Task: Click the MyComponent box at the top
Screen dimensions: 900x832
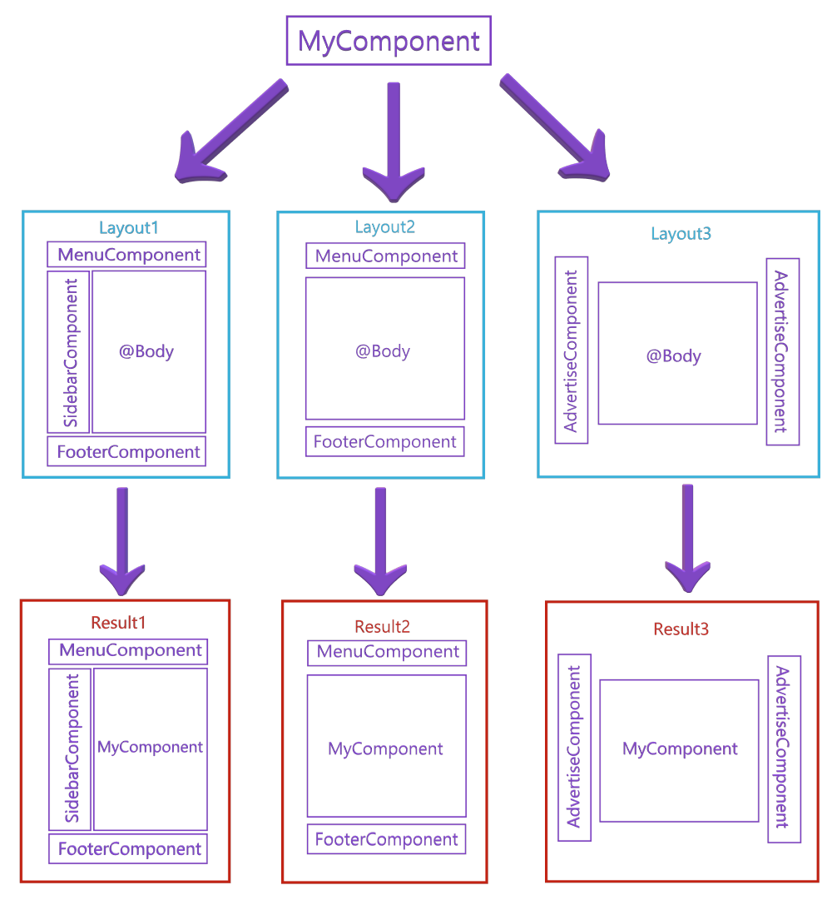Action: tap(389, 41)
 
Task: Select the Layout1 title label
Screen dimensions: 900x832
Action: tap(129, 228)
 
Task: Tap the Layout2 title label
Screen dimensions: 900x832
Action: tap(384, 226)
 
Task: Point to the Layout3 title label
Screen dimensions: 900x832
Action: tap(681, 233)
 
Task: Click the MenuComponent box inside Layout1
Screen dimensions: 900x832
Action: tap(127, 255)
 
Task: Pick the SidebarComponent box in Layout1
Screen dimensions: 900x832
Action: tap(69, 352)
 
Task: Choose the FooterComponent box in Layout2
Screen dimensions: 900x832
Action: tap(384, 441)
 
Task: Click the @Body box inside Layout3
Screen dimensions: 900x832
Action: tap(676, 355)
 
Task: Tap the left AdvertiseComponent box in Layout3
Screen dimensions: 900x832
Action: tap(572, 351)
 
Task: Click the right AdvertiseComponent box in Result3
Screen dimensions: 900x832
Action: tap(784, 748)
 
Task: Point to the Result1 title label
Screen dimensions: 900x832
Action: tap(118, 622)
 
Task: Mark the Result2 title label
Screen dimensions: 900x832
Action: tap(382, 626)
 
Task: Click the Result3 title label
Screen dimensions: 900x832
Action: tap(681, 629)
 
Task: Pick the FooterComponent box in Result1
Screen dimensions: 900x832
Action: tap(129, 849)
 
